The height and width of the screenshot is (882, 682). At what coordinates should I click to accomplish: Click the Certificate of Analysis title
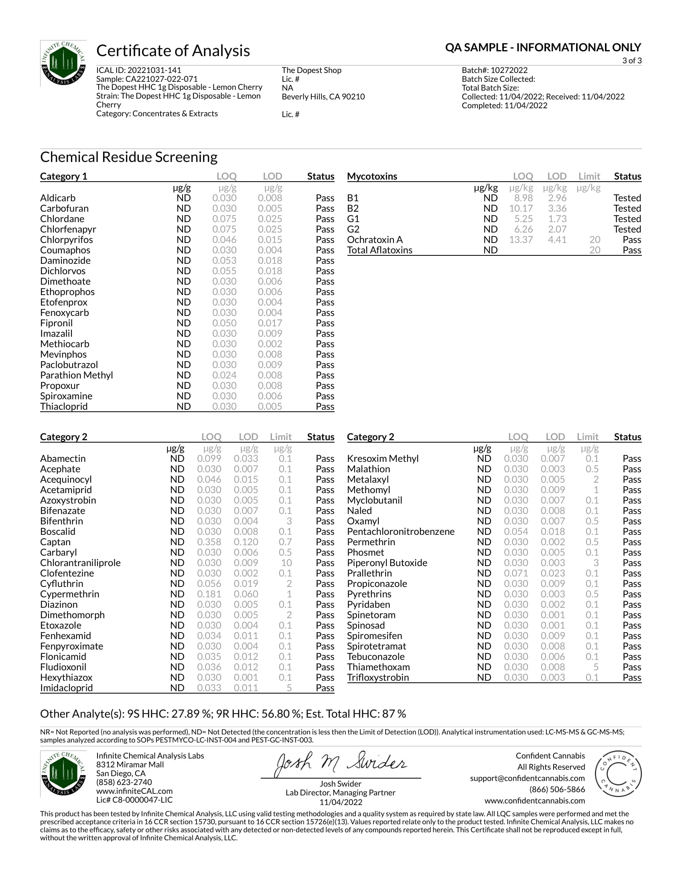[173, 51]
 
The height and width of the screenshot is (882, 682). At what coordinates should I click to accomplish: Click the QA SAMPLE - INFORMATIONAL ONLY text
[543, 48]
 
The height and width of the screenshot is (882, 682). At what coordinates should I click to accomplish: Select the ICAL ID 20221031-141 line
[138, 70]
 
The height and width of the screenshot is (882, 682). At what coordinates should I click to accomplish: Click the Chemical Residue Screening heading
[128, 157]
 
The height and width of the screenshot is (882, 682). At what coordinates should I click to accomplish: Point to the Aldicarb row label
[58, 198]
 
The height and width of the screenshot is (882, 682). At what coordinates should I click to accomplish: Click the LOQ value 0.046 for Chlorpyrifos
[224, 240]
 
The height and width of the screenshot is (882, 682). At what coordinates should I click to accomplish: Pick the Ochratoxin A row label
[375, 240]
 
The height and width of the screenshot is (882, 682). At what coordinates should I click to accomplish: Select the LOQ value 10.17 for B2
[520, 208]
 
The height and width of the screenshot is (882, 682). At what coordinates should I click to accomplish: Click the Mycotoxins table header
[372, 176]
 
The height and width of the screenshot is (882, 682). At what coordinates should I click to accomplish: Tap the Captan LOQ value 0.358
[209, 542]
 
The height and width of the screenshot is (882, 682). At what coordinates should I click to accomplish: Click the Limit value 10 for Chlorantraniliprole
[286, 563]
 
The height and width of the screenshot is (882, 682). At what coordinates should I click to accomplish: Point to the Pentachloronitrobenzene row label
[400, 532]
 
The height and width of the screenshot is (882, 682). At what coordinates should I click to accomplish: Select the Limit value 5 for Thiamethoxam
[595, 667]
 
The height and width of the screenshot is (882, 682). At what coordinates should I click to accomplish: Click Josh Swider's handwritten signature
[341, 763]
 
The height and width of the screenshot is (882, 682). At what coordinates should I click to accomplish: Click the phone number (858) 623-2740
[124, 782]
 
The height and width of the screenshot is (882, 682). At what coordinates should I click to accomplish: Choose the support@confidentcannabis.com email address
[527, 778]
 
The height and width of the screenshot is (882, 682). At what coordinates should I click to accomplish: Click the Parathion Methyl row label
[76, 375]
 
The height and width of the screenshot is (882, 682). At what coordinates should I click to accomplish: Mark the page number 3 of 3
[631, 61]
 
